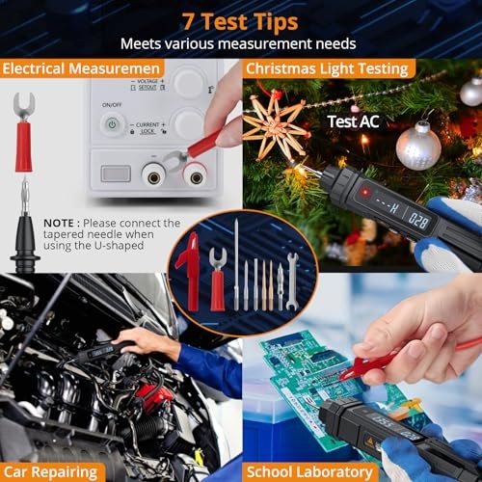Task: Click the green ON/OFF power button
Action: point(112,124)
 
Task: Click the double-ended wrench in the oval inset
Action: point(292,281)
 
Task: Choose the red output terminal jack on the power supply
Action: point(198,174)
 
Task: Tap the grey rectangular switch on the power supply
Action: point(115,174)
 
